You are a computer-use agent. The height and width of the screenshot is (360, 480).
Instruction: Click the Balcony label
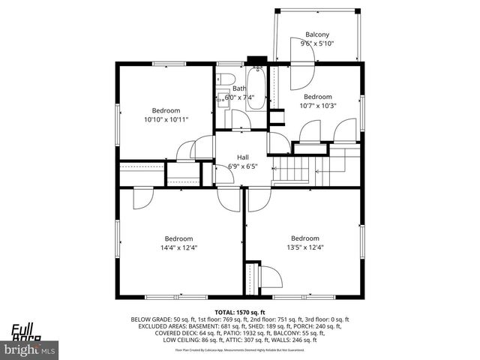(x=316, y=34)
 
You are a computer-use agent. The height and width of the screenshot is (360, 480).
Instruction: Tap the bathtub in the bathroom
(x=255, y=90)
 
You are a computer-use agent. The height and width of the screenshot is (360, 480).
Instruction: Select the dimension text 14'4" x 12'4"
(x=178, y=248)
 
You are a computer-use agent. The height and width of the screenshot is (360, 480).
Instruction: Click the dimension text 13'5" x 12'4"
(x=304, y=248)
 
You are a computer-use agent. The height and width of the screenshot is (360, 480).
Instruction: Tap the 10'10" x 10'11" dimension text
(x=166, y=119)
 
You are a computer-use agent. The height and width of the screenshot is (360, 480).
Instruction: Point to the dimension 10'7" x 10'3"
(x=317, y=106)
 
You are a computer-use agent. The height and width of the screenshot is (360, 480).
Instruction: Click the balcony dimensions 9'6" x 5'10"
(x=316, y=43)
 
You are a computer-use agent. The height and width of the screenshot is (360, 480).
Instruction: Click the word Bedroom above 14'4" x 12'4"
(x=178, y=239)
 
